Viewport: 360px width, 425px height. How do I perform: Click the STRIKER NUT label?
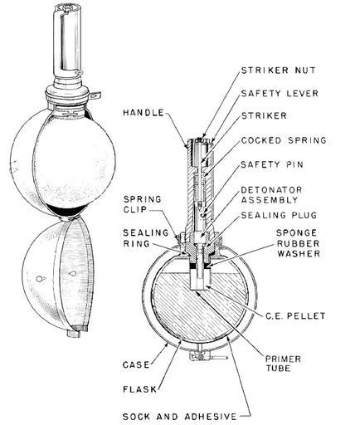(x=278, y=71)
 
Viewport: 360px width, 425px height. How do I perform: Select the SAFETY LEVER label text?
(x=280, y=93)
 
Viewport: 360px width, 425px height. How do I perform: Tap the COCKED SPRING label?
(x=284, y=140)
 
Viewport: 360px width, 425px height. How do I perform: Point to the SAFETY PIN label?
(x=272, y=164)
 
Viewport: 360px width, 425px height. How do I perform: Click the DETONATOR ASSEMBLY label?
(x=271, y=195)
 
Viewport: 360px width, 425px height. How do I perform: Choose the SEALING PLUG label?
(x=279, y=215)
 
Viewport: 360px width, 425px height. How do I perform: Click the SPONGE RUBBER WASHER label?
(x=299, y=243)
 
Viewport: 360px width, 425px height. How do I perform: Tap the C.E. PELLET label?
(x=295, y=315)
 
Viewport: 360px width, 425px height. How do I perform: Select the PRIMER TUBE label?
(x=283, y=364)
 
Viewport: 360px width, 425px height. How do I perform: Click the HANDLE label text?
(x=144, y=113)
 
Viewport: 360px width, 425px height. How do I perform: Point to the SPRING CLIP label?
(x=143, y=204)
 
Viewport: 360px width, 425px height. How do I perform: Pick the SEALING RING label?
(x=145, y=238)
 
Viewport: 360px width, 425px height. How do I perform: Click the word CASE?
(x=136, y=364)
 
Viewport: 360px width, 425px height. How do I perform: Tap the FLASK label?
(x=139, y=389)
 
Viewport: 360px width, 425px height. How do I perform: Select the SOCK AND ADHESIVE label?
(x=180, y=417)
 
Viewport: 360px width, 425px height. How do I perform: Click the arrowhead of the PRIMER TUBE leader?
(x=197, y=292)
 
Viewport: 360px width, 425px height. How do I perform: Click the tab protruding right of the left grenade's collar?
(x=95, y=95)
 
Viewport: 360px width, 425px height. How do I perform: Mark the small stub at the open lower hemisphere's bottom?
(x=74, y=334)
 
